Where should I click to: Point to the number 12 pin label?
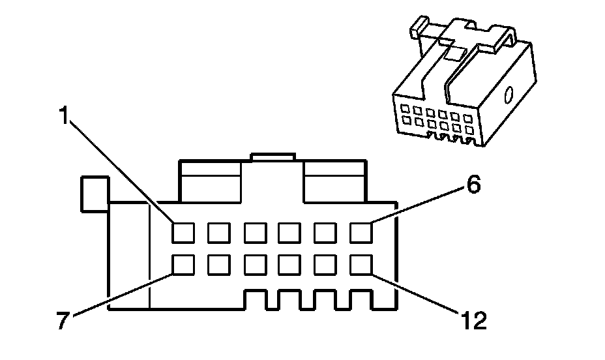[471, 322]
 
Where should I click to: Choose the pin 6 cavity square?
[361, 232]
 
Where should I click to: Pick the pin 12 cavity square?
[361, 264]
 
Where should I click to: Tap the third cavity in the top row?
[254, 232]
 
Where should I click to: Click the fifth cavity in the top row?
[325, 232]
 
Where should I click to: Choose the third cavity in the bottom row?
[254, 264]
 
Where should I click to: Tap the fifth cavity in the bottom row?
[325, 264]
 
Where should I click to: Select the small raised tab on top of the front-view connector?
[273, 157]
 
